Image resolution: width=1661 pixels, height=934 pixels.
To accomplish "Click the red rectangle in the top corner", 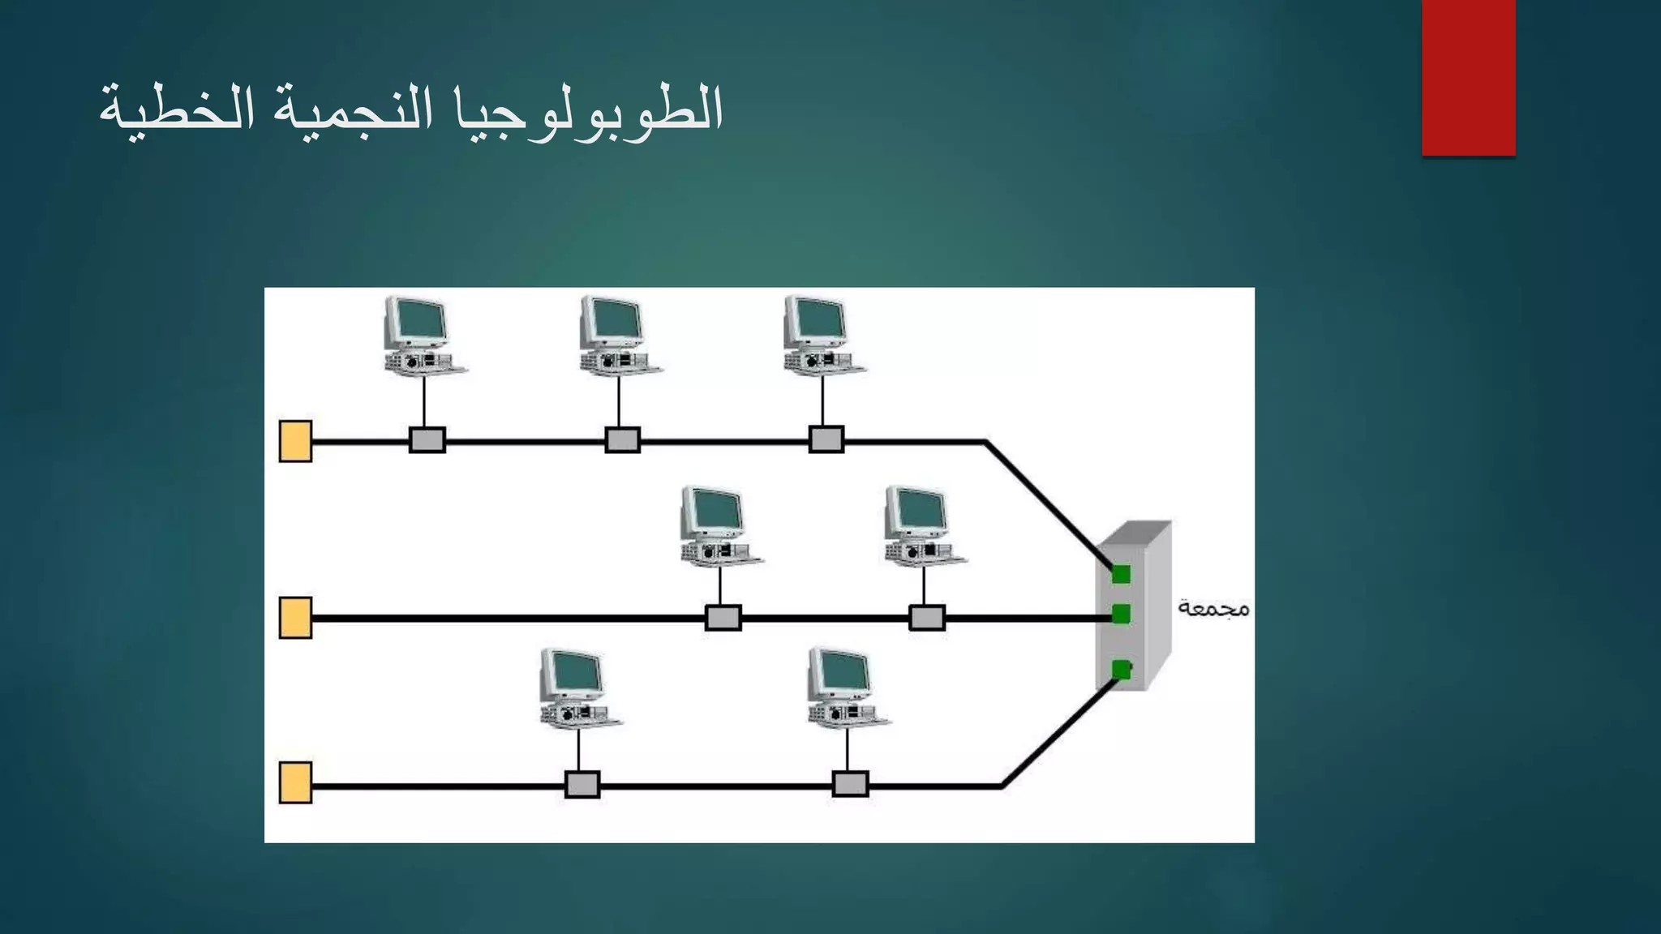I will tap(1468, 77).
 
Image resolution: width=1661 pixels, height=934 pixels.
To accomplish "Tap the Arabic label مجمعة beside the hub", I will tap(1213, 608).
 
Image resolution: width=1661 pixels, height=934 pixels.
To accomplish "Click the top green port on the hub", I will tap(1121, 574).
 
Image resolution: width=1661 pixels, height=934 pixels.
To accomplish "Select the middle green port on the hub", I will tap(1121, 614).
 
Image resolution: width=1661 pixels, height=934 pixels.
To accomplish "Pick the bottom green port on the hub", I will tap(1121, 670).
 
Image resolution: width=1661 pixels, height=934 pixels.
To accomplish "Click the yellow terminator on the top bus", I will tap(295, 441).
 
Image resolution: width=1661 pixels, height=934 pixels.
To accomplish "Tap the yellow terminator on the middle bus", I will tap(295, 618).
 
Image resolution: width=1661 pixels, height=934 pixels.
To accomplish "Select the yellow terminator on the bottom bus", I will tap(295, 782).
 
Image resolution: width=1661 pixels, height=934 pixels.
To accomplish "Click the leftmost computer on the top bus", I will tap(422, 336).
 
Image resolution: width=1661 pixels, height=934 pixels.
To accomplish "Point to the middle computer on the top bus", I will tap(618, 336).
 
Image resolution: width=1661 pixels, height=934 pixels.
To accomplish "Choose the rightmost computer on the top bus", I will tap(822, 336).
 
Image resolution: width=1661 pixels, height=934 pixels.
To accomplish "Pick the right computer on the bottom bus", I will tap(846, 687).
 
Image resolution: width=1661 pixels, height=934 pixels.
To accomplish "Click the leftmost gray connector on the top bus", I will tap(427, 440).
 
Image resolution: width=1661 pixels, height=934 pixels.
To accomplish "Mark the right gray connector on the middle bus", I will tap(926, 618).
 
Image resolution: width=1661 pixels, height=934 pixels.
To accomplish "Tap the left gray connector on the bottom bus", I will tap(582, 785).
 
